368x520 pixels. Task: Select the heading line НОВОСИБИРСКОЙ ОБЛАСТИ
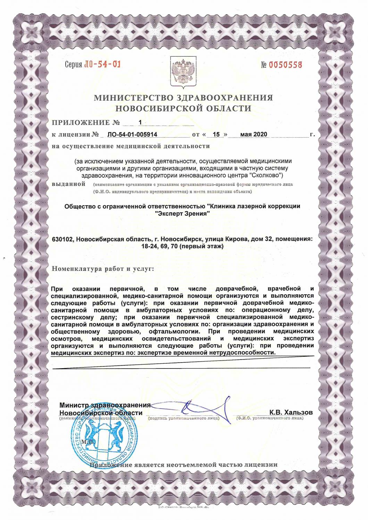click(183, 109)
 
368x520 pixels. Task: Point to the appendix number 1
click(140, 122)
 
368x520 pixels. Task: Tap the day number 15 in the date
click(217, 135)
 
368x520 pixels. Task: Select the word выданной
click(68, 184)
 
